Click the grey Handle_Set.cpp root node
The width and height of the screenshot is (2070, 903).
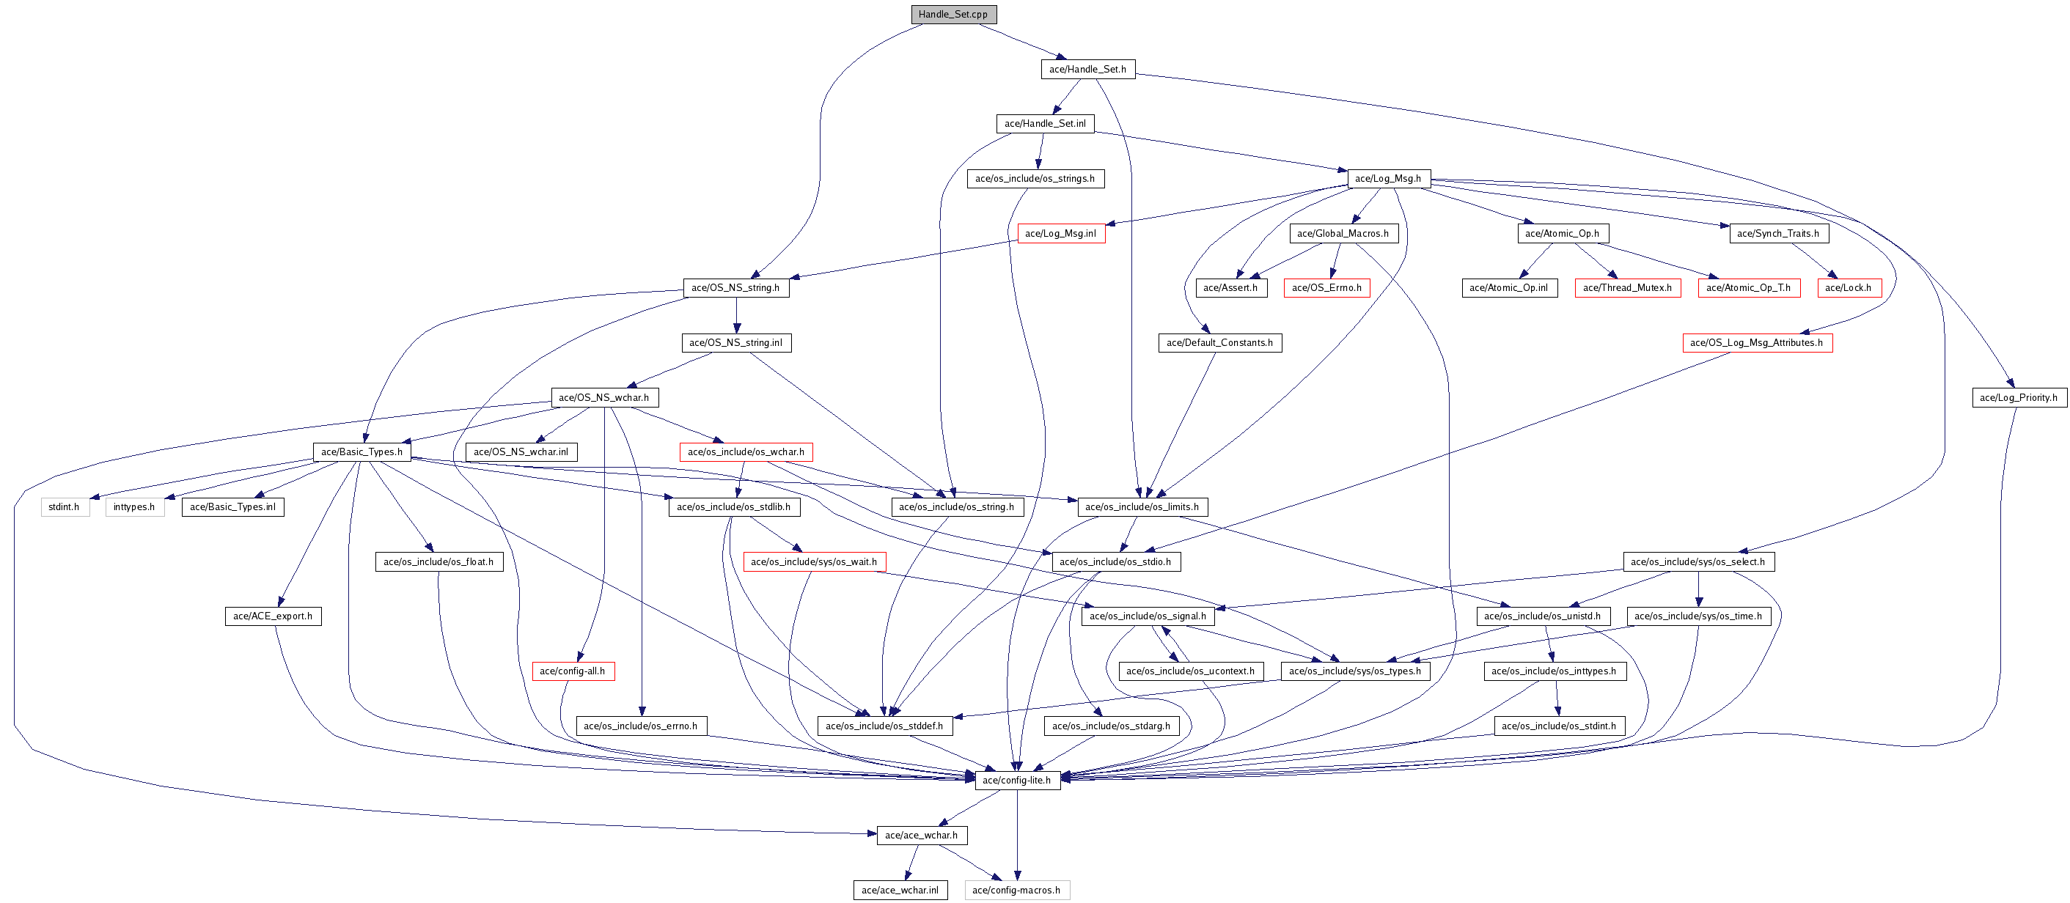953,15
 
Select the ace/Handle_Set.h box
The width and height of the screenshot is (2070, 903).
1087,69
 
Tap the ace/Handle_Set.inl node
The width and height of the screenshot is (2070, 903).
1045,124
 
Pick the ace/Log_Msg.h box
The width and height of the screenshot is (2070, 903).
1388,178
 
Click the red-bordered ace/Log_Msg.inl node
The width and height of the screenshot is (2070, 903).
1061,234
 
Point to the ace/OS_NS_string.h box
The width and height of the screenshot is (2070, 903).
735,287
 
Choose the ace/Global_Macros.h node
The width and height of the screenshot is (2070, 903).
1343,234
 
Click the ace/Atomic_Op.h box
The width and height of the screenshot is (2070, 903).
1562,234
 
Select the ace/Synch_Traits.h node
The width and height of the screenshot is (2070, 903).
1778,234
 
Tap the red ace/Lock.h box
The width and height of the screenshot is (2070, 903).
1849,287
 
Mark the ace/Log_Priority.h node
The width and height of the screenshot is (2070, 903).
2019,398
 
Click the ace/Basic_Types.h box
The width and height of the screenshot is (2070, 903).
361,452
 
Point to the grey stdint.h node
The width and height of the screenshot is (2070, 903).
65,507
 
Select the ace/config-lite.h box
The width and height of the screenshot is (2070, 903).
1016,780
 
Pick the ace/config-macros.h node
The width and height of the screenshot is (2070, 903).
1016,890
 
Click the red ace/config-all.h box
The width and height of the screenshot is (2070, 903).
572,671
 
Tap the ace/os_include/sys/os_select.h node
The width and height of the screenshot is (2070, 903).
1698,561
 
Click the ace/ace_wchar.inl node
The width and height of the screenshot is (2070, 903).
900,890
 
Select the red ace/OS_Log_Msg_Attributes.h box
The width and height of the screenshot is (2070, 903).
1757,343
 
